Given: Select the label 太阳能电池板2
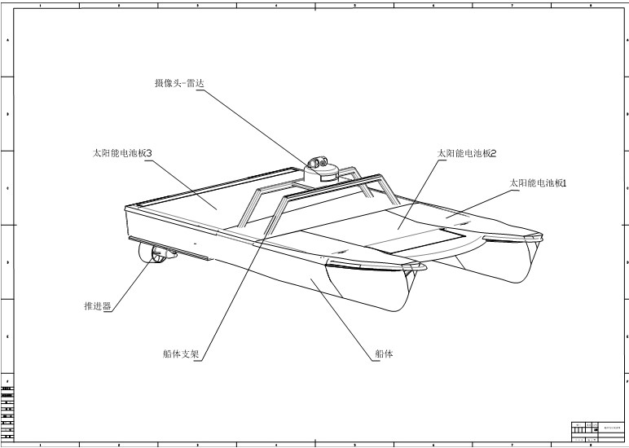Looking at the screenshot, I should click(467, 153).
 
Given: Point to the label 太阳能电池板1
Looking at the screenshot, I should click(537, 183).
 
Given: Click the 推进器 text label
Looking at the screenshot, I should click(97, 306).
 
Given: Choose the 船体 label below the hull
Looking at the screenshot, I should click(384, 354).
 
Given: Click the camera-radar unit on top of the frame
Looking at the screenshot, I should click(320, 168).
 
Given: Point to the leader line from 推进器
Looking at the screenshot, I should click(130, 282).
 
